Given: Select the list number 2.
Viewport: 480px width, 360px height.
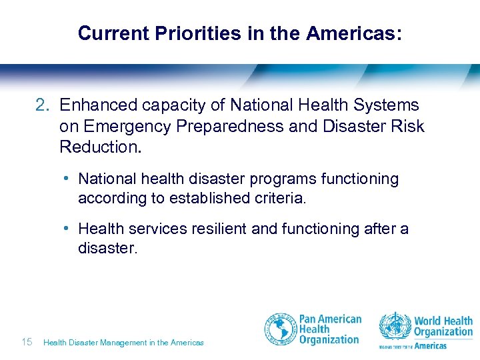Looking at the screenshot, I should pos(42,105).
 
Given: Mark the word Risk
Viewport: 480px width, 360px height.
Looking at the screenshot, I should pos(407,126).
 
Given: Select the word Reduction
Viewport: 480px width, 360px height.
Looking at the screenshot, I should pos(101,147).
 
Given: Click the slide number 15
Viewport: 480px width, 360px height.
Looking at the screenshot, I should pos(27,342).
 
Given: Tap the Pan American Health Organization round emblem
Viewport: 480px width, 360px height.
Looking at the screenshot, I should pos(281,330).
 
